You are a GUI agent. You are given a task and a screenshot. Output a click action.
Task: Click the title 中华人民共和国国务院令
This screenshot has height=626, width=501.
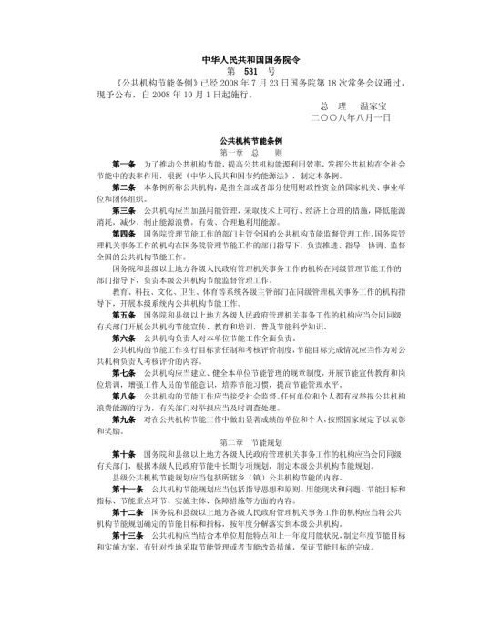click(x=250, y=56)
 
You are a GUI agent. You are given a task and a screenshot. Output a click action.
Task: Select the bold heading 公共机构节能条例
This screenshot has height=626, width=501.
click(x=250, y=142)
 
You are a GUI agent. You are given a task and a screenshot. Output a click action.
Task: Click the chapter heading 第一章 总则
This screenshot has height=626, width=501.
click(x=250, y=154)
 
